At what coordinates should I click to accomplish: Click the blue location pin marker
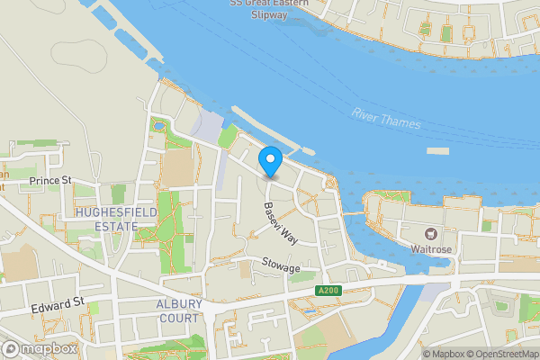(270, 162)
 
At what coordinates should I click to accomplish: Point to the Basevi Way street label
(280, 224)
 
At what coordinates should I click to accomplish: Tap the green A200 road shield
(329, 290)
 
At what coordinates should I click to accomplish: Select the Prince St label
(49, 181)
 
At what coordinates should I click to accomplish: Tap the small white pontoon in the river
(436, 151)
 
